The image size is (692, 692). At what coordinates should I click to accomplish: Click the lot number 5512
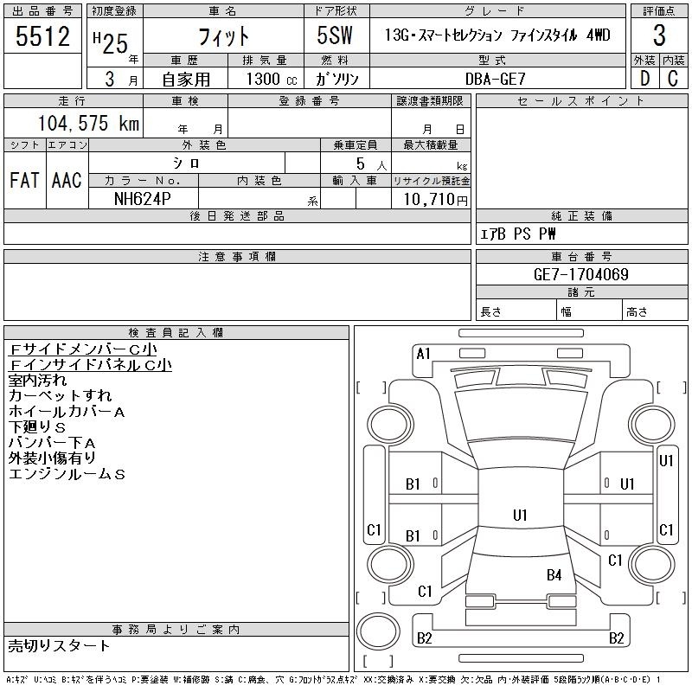tap(42, 35)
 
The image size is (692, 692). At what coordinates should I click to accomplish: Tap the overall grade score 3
tap(659, 35)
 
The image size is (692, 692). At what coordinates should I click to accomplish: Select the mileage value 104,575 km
tap(88, 123)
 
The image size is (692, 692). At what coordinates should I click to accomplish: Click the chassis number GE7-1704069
tap(580, 274)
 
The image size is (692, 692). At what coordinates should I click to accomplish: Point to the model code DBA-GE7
tap(496, 79)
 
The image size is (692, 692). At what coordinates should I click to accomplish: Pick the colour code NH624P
tap(142, 199)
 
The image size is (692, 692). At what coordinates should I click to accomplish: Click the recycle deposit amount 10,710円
tap(435, 200)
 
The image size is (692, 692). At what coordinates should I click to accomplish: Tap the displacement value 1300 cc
tap(272, 79)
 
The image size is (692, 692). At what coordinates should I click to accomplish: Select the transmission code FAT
tap(24, 180)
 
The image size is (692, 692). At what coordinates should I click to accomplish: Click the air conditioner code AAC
tap(67, 180)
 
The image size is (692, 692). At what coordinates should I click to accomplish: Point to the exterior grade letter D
tap(644, 79)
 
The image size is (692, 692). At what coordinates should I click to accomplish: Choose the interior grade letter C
tap(673, 79)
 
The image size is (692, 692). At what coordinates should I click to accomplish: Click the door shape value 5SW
tap(335, 35)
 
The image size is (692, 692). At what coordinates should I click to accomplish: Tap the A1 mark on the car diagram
tap(423, 354)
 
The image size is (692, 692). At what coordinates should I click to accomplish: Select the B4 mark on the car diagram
tap(554, 575)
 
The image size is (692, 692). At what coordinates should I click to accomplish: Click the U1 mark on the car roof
tap(521, 515)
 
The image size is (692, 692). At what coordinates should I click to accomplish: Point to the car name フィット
tap(223, 36)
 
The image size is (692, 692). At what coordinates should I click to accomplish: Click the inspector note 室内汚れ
tap(37, 380)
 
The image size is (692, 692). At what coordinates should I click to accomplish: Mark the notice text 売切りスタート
tap(59, 645)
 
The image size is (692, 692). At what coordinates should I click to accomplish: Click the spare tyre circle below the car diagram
tap(378, 631)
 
